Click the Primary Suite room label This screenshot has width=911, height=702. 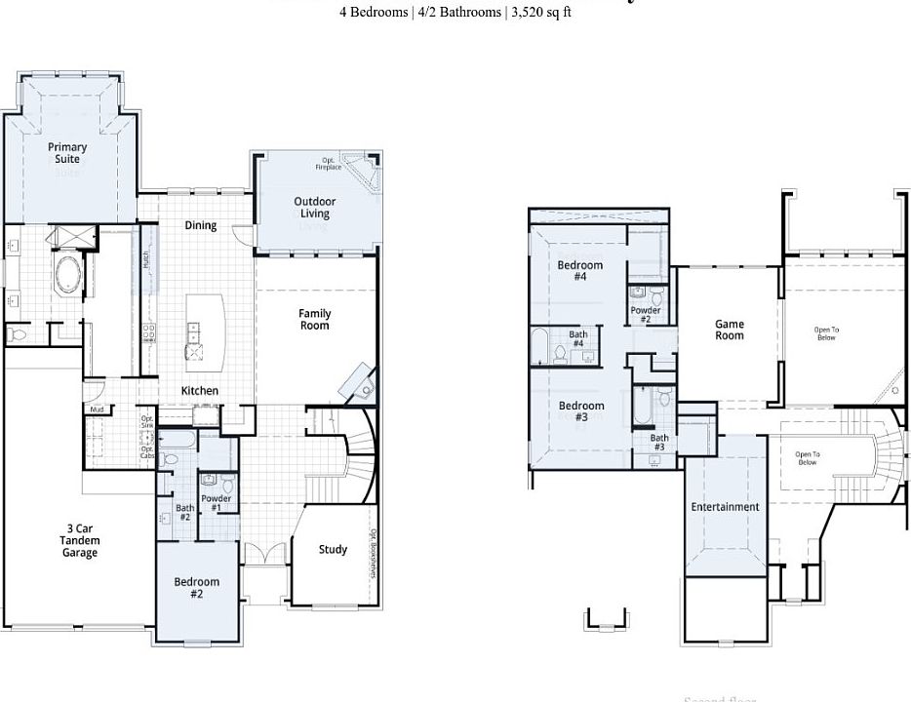67,153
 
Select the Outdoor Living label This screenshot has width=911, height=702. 314,208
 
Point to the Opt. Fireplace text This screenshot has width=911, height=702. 328,164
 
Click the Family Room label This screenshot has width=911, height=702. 314,320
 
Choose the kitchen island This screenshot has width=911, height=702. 203,332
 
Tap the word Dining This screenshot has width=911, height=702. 201,225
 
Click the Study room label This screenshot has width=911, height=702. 333,550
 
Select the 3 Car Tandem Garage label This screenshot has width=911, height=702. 80,541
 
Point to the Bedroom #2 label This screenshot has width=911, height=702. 197,588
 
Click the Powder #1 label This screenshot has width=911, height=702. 216,503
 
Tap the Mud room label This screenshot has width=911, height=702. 97,409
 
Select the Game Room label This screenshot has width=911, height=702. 730,330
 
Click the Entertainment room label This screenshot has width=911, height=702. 725,507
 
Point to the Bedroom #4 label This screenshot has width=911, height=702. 580,271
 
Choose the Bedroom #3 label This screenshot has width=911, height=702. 581,411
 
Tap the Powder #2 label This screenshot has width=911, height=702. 646,315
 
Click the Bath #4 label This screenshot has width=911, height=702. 578,339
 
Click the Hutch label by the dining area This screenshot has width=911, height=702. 145,260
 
